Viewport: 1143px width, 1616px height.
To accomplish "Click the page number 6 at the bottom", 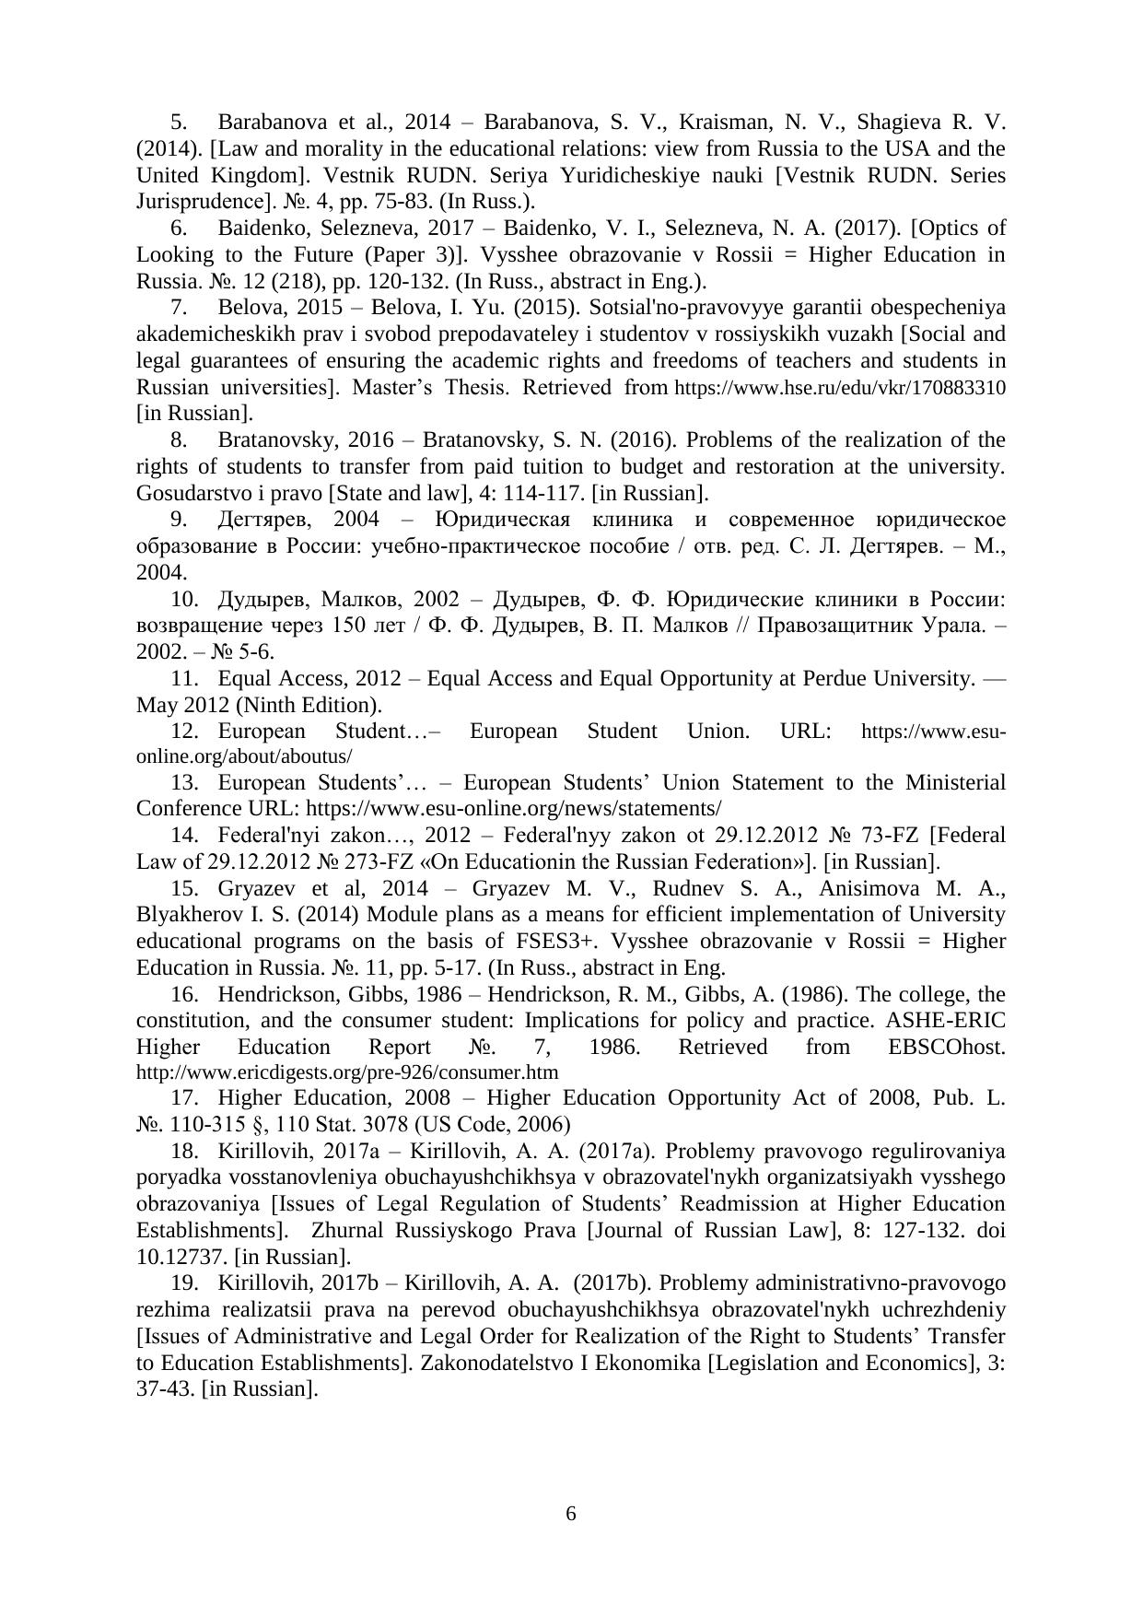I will (x=570, y=1514).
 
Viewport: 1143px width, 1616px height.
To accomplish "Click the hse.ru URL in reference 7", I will (x=840, y=388).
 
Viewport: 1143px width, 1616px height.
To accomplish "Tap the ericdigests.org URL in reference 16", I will (x=347, y=1072).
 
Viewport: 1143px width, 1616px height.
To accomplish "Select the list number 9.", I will (x=179, y=520).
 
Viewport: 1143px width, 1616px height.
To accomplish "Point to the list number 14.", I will (x=185, y=836).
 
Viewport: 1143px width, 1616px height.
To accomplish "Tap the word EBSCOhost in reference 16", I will (x=947, y=1048).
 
